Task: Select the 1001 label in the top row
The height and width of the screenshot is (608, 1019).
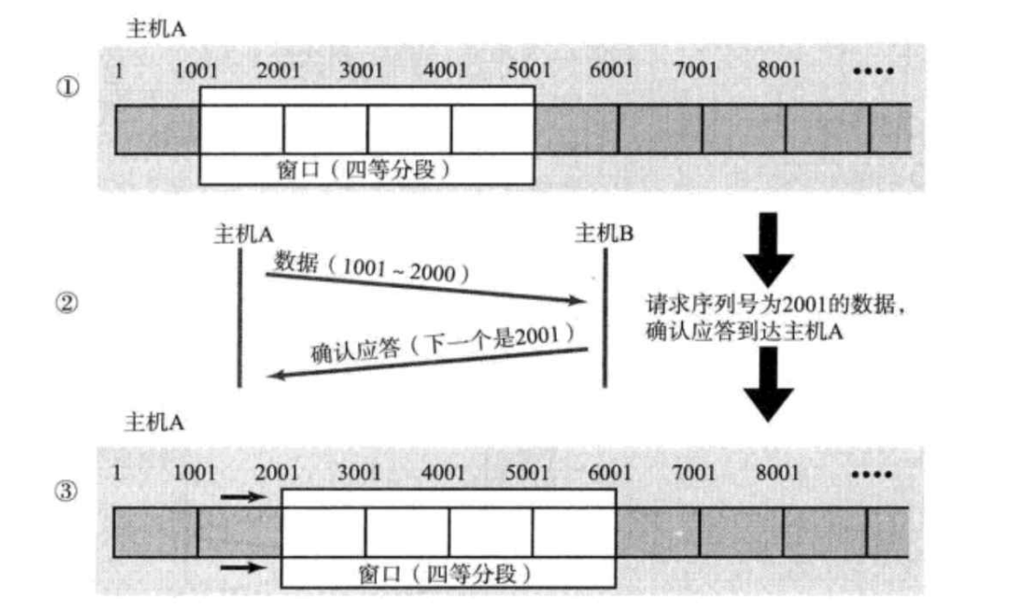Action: [195, 71]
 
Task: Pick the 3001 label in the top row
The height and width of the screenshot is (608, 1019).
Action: [361, 71]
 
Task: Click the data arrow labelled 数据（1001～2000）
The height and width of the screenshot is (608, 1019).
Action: [427, 287]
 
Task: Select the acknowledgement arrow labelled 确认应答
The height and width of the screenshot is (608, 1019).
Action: [427, 364]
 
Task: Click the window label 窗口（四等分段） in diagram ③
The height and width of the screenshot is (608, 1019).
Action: [447, 575]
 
